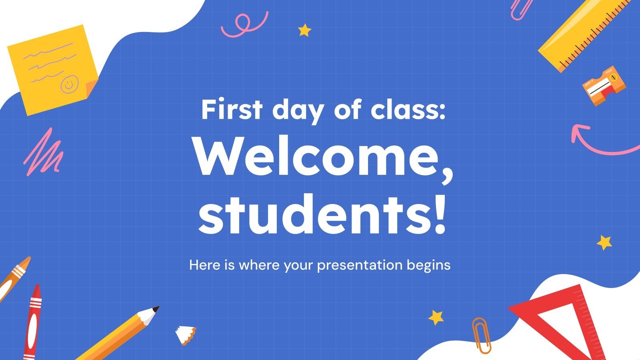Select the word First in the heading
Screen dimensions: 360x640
(x=232, y=110)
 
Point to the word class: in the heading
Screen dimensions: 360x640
(x=408, y=110)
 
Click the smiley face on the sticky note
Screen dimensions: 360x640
(x=69, y=84)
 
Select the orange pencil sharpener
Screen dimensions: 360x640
(x=603, y=86)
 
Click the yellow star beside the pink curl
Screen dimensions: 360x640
(x=305, y=30)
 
